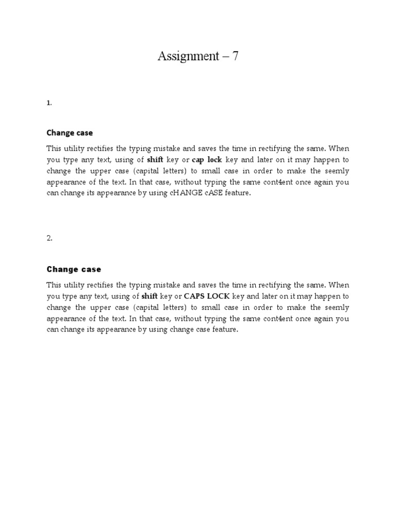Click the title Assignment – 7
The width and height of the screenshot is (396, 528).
click(x=198, y=56)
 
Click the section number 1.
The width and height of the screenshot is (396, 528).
click(x=49, y=103)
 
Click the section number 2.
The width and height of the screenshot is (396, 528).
click(x=49, y=238)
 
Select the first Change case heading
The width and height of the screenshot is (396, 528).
click(x=70, y=133)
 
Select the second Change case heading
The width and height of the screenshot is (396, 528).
click(x=74, y=269)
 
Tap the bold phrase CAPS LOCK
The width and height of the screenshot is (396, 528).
click(x=206, y=296)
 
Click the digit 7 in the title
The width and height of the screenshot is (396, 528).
click(x=235, y=56)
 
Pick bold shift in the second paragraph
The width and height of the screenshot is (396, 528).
click(x=150, y=296)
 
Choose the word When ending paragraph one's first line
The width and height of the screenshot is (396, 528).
click(x=339, y=148)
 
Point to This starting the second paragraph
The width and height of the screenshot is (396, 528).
click(x=54, y=285)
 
